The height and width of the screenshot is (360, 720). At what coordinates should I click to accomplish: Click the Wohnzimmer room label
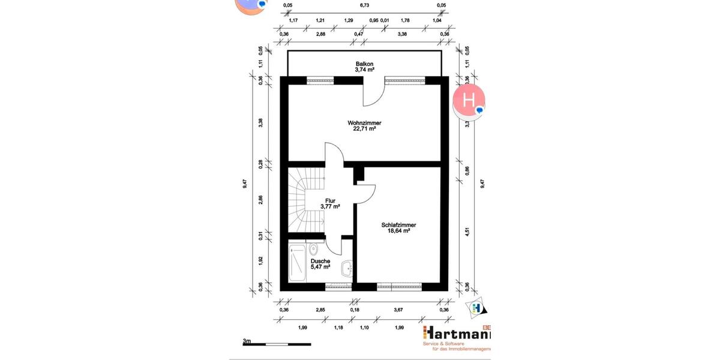364,122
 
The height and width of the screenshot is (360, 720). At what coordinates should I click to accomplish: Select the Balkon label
364,64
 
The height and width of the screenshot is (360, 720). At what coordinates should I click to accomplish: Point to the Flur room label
330,201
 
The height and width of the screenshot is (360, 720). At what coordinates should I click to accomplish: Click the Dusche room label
320,261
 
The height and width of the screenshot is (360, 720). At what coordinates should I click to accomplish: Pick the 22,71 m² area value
364,128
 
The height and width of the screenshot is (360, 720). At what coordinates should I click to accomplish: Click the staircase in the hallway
305,202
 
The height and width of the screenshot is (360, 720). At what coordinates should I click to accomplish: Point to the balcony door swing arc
374,91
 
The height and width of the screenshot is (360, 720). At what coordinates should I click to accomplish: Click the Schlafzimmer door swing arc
367,194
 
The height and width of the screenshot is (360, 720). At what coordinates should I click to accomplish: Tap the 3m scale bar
277,344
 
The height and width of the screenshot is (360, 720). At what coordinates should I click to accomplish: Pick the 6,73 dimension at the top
364,5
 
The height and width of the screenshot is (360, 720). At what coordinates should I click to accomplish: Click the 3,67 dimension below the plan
397,310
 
